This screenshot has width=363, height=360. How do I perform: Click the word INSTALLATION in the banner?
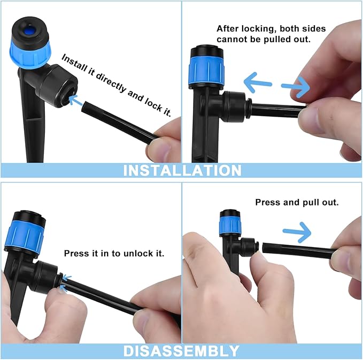pyautogui.click(x=182, y=170)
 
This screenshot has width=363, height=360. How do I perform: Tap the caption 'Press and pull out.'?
pyautogui.click(x=297, y=203)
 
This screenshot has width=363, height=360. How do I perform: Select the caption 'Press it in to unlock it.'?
pyautogui.click(x=114, y=253)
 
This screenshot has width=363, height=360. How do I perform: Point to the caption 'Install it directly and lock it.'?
pyautogui.click(x=116, y=86)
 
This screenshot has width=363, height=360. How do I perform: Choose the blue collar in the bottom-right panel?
pyautogui.click(x=230, y=225)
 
